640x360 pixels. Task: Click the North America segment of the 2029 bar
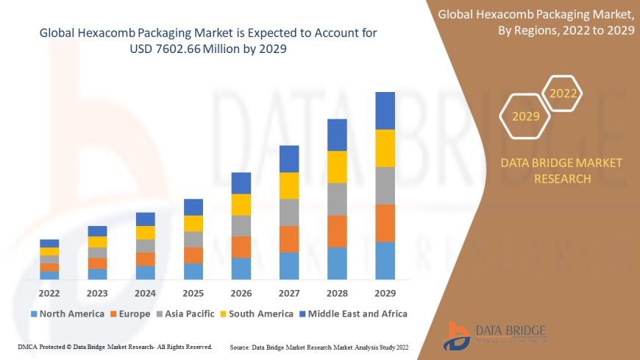tap(385, 261)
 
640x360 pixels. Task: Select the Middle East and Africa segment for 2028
tap(337, 135)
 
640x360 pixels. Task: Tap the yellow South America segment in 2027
tap(289, 186)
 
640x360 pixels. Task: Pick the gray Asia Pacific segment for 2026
tap(241, 225)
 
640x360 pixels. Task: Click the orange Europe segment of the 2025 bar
tap(193, 255)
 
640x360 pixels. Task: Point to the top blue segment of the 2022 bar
tap(49, 243)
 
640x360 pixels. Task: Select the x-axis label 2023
tap(97, 292)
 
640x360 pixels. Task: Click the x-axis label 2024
tap(145, 292)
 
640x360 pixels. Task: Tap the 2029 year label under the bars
tap(385, 292)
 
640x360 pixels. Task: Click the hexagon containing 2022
tap(563, 94)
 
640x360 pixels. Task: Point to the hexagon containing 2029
tap(525, 116)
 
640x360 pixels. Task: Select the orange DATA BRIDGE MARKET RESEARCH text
tap(561, 171)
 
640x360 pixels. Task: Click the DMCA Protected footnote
tap(115, 346)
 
